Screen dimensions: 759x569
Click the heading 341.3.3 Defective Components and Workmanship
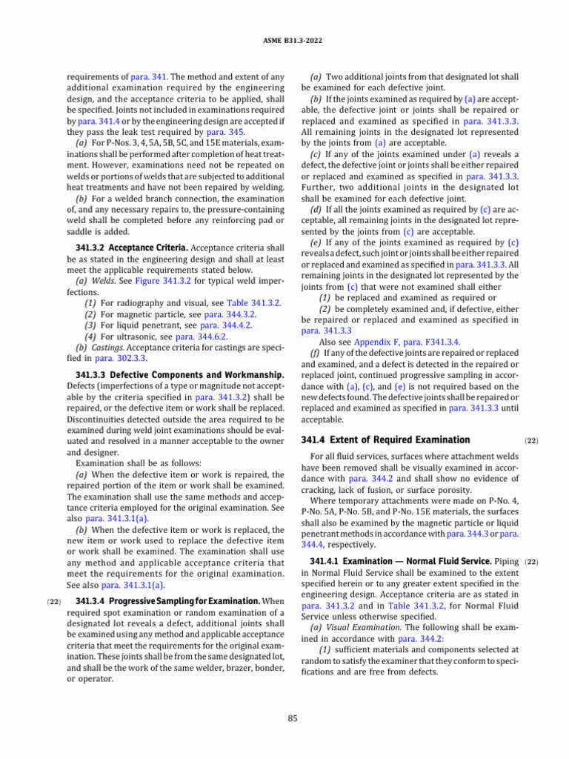179,375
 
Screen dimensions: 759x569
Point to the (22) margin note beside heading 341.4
530,440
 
